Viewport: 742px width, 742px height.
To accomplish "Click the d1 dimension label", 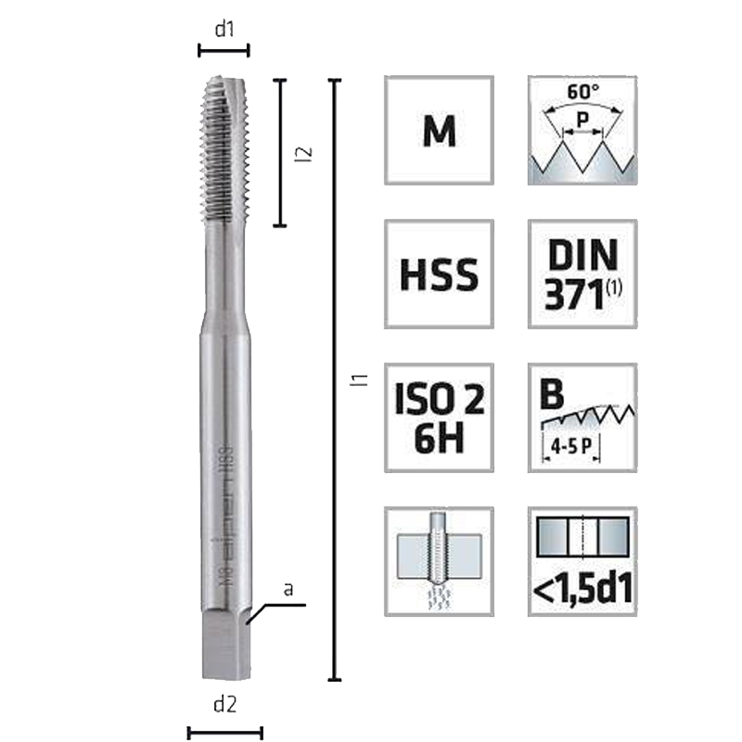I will pos(224,29).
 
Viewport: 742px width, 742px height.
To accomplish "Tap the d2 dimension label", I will pos(224,705).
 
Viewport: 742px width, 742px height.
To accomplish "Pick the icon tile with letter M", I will pos(439,130).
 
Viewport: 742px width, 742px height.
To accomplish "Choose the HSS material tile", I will pos(439,274).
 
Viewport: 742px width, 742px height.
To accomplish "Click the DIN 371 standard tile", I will pos(582,274).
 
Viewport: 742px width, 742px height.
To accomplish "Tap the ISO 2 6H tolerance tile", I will pos(439,417).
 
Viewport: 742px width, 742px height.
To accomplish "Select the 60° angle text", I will pos(582,93).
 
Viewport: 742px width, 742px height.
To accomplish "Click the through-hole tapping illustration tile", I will pos(439,560).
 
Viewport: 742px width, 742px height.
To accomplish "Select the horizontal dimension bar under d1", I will pos(224,51).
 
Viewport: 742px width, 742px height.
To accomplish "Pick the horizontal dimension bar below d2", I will pos(224,733).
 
